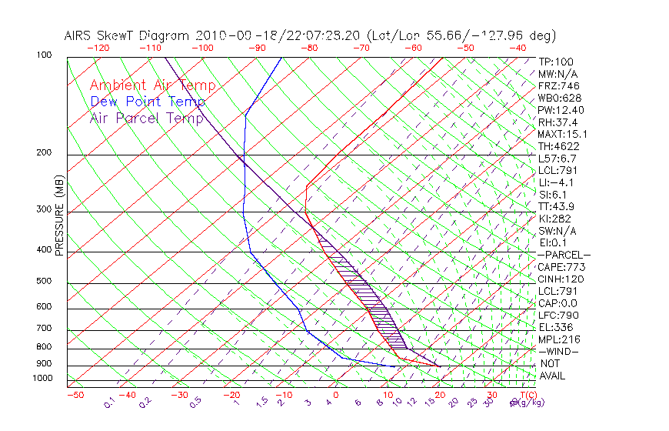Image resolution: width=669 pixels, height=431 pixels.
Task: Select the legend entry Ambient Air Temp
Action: click(x=153, y=86)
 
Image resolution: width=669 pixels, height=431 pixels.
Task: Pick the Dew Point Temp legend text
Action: click(x=148, y=102)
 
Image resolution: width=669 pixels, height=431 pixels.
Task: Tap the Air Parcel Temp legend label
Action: click(x=147, y=119)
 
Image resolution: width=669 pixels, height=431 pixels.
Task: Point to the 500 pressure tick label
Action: click(x=45, y=281)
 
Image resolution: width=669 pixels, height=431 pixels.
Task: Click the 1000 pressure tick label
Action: click(x=42, y=379)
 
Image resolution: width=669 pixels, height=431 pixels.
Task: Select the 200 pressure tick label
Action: click(x=45, y=153)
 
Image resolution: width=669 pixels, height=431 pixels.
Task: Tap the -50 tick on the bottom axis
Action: click(x=75, y=395)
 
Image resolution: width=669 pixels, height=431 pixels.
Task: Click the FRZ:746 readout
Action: click(x=554, y=86)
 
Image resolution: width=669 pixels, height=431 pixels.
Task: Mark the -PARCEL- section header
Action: click(x=564, y=255)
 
